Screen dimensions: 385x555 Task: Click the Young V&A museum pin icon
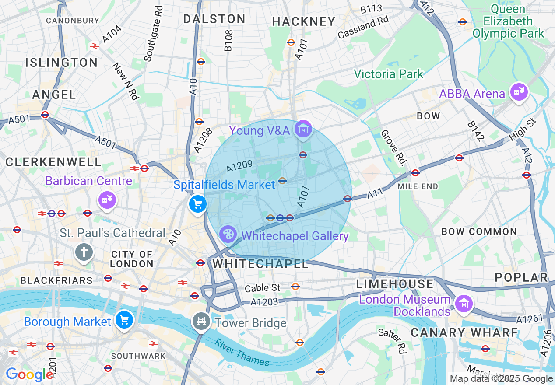point(303,129)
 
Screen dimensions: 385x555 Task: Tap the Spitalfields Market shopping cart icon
point(197,204)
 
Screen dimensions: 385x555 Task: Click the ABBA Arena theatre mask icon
point(518,92)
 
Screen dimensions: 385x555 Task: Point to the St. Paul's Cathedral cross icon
point(84,252)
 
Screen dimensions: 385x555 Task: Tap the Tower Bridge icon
point(201,322)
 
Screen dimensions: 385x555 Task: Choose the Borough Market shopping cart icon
point(124,320)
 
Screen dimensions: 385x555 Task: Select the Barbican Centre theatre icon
point(107,199)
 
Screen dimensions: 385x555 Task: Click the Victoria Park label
point(389,74)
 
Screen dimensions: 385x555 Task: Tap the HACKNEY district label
point(303,21)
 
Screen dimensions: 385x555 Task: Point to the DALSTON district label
point(214,19)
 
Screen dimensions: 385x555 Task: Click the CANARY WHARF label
point(464,332)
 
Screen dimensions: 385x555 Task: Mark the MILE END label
point(418,186)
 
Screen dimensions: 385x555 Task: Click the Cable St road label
point(262,288)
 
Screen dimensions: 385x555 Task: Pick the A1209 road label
point(239,166)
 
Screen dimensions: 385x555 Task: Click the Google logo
point(29,375)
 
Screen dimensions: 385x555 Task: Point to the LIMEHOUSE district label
point(394,284)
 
